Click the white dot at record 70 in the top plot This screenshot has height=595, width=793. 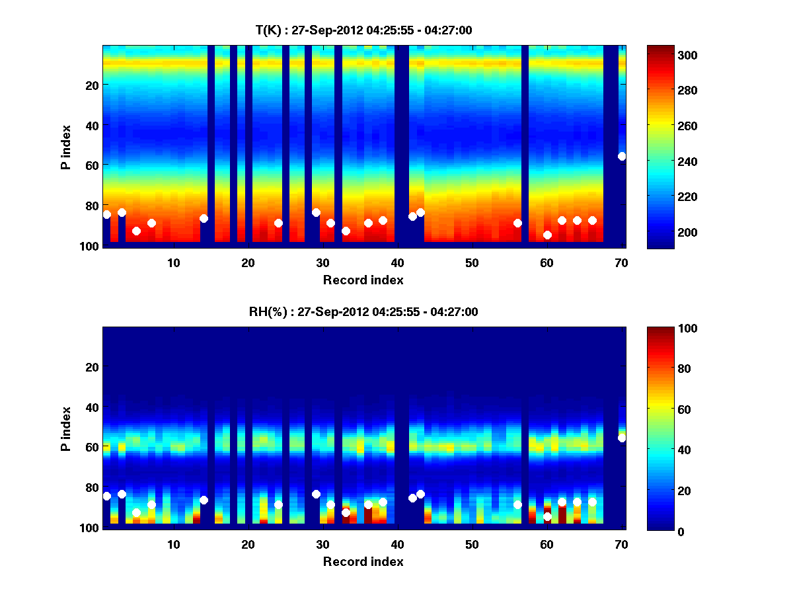click(x=622, y=156)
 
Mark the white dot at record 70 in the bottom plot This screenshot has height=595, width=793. click(x=622, y=438)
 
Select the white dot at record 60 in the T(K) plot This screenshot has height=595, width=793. click(x=547, y=235)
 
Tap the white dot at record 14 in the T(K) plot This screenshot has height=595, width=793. click(x=204, y=218)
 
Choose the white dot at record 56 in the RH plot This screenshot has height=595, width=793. click(x=517, y=504)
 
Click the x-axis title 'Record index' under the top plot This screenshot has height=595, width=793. click(x=363, y=280)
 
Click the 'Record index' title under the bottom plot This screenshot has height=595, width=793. click(x=363, y=561)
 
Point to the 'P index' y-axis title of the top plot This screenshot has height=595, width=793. click(x=66, y=147)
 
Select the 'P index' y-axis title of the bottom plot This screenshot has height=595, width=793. click(x=66, y=428)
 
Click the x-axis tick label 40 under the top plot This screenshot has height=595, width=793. click(x=397, y=262)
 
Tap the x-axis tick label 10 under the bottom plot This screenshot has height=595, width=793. click(x=173, y=544)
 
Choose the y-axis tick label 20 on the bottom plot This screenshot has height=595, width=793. click(x=92, y=366)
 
